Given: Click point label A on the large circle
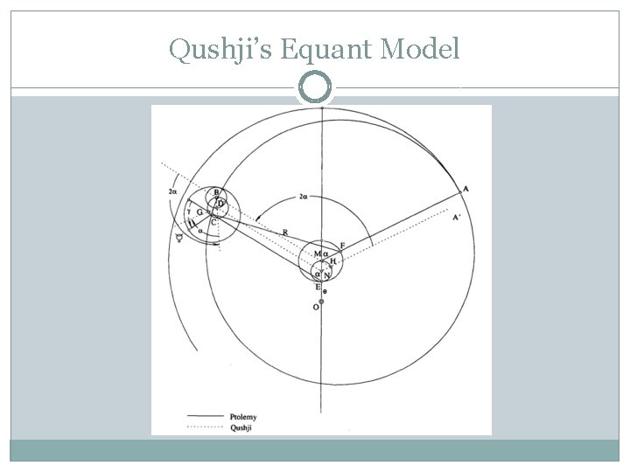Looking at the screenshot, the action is coord(465,189).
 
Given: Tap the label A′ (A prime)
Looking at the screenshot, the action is coord(457,219).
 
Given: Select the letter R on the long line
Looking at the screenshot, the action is coord(285,231).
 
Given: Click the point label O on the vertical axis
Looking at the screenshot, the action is coord(315,308).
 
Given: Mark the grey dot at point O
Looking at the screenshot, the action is coord(321,302).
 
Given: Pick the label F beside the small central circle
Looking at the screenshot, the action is coord(342,245).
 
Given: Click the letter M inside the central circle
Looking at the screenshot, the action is coord(317,254).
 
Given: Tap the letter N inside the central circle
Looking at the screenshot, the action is coord(326,274).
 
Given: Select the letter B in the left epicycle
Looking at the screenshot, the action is coord(216,193).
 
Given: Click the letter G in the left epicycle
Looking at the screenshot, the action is coord(199,212).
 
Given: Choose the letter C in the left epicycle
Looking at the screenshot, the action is coord(213,223).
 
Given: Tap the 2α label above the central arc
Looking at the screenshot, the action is coord(304,198).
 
